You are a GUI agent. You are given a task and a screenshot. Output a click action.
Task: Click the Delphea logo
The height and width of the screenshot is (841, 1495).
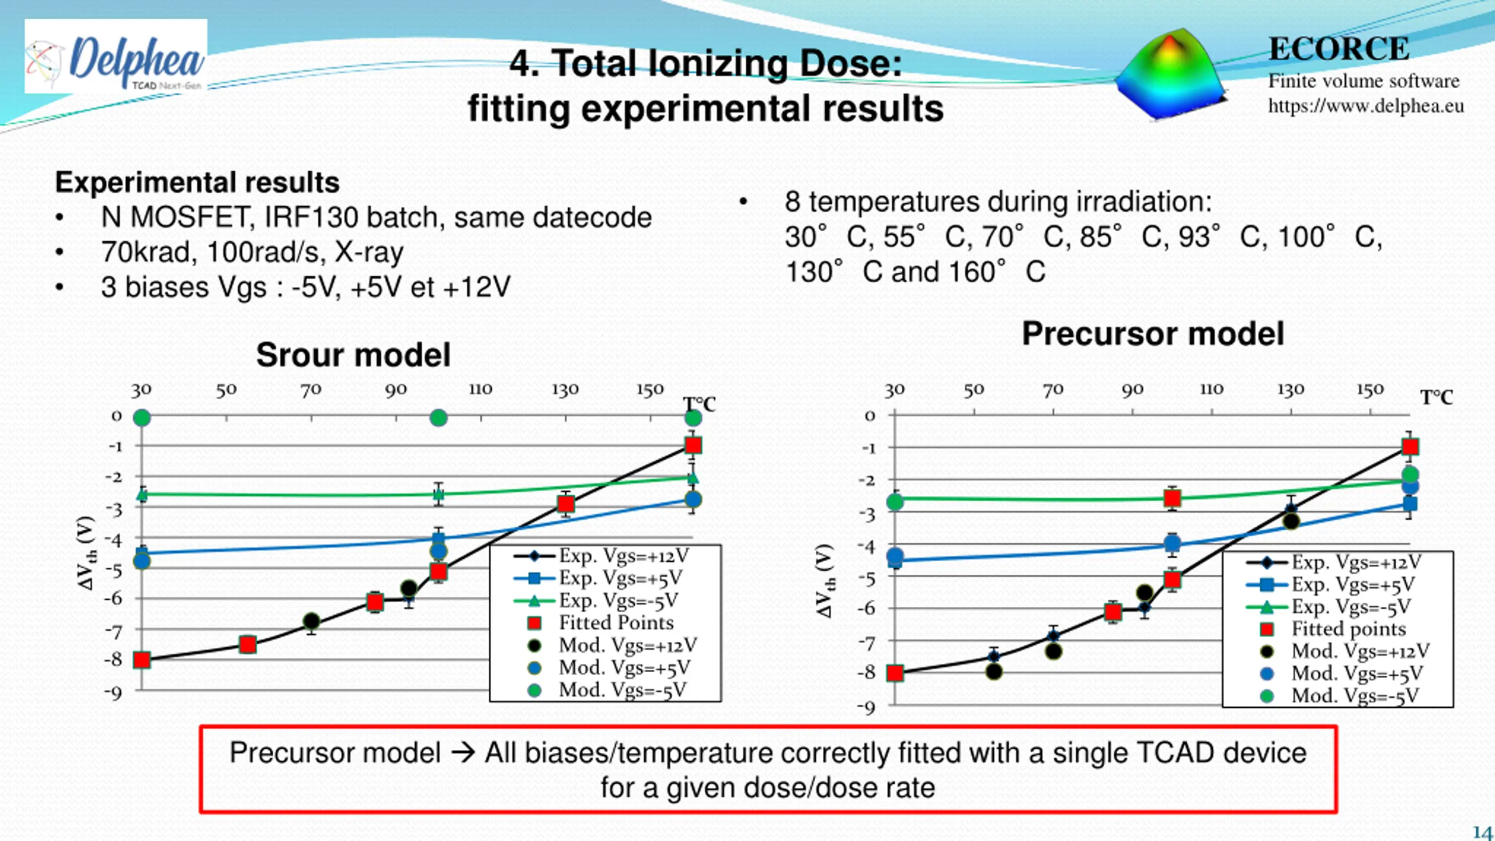coord(116,57)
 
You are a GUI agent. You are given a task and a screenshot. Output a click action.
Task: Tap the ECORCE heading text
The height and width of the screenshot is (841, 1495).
coord(1338,48)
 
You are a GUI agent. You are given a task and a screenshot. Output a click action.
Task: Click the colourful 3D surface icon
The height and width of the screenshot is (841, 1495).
coord(1171,75)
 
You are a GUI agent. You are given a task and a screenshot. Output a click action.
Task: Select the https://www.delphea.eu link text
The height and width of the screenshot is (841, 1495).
coord(1365,106)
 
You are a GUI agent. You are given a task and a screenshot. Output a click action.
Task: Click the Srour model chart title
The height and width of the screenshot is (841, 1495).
coord(353,355)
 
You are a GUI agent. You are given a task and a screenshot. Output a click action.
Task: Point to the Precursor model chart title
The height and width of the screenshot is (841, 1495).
coord(1153,334)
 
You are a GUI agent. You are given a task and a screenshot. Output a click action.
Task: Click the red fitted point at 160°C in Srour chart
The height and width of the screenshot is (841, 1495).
coord(693,446)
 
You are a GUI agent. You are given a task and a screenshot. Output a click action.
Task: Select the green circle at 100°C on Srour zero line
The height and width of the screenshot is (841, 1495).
coord(439,418)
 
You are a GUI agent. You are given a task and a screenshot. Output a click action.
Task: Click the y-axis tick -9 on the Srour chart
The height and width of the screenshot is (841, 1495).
coord(113,693)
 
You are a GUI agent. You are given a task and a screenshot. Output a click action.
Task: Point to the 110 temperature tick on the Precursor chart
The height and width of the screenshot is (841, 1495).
coord(1211,390)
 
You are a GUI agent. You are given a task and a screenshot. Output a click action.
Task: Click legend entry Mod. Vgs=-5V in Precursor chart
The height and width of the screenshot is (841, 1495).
coord(1355,696)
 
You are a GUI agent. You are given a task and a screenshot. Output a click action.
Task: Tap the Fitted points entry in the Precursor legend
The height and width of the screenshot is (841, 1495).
coord(1348,629)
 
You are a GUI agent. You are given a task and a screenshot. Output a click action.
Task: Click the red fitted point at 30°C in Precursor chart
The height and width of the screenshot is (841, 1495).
coord(895,673)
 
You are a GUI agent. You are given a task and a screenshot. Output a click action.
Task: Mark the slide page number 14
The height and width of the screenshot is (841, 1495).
coord(1482,832)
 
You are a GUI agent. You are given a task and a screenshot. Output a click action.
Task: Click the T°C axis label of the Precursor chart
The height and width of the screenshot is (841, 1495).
coord(1437,398)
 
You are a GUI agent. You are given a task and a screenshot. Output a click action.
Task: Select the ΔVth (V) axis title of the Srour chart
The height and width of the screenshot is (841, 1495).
coord(86,552)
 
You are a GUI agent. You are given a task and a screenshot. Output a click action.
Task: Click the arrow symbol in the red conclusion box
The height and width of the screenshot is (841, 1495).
coord(463,753)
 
